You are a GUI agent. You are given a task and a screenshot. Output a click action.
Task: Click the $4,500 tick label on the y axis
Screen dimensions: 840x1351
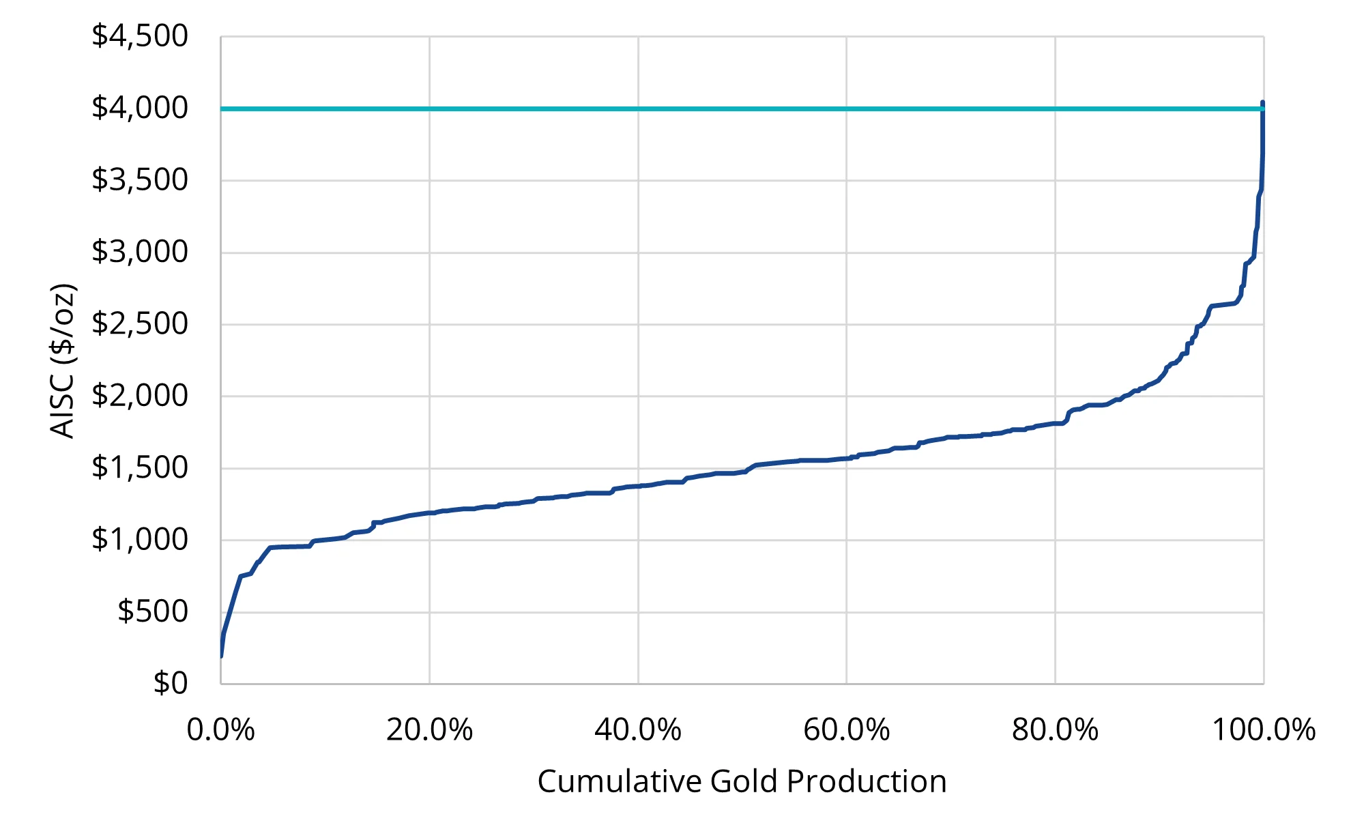[x=140, y=36]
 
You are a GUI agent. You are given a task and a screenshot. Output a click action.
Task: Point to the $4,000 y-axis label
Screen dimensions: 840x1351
[x=140, y=108]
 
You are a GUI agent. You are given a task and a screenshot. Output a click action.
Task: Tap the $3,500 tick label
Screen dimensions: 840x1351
[x=140, y=180]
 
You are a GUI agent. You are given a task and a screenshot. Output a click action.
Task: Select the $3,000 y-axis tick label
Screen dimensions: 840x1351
[x=140, y=252]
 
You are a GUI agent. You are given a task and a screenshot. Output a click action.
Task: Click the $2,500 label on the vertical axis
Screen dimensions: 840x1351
[x=140, y=324]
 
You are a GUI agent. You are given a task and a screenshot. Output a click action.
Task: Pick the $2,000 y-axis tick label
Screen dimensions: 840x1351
[x=140, y=396]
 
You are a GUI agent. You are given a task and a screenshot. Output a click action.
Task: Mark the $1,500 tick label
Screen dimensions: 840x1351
[x=140, y=468]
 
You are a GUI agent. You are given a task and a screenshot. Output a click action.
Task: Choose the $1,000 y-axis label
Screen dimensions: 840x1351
[x=140, y=540]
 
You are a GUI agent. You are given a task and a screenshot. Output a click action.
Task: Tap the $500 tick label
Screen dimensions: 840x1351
[x=153, y=611]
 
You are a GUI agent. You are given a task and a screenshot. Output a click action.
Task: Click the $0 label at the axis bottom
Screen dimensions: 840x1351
[x=171, y=683]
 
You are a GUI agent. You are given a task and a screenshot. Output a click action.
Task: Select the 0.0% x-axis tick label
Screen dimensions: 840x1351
[x=220, y=730]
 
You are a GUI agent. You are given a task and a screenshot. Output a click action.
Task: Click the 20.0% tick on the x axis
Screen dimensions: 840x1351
[x=429, y=730]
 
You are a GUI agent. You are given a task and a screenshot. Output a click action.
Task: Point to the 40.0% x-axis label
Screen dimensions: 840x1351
[x=638, y=730]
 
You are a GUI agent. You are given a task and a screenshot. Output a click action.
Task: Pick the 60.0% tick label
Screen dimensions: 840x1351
[x=846, y=730]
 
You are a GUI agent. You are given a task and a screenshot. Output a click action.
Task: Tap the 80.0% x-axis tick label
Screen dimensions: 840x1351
[x=1055, y=730]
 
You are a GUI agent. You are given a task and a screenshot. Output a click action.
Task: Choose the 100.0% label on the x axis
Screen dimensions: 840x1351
[x=1263, y=730]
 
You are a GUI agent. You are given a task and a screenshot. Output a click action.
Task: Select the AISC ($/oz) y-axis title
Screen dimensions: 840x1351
[x=63, y=360]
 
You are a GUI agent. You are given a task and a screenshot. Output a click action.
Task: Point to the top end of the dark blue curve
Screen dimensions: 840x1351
[x=1262, y=103]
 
